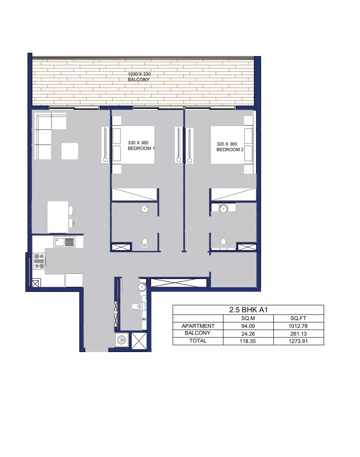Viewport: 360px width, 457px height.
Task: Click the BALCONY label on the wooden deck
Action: [139, 79]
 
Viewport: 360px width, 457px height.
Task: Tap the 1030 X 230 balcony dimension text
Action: [139, 74]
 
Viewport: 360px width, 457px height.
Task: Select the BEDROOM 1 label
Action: [141, 148]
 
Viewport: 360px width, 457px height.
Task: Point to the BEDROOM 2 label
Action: [230, 149]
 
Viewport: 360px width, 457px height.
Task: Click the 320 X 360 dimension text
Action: [227, 144]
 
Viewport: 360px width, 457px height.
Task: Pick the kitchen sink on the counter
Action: [64, 242]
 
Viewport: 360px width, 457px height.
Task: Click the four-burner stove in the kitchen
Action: [39, 261]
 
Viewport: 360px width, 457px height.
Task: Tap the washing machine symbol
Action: [121, 340]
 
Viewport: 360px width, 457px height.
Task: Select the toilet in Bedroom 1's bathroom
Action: [145, 242]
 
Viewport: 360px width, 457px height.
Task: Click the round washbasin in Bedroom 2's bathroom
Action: [224, 208]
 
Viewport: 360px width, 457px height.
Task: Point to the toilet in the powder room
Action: [136, 306]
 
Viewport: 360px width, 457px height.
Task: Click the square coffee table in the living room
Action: [70, 151]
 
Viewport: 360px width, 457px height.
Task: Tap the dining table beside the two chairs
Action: [58, 217]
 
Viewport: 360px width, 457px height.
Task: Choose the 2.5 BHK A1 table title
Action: [248, 310]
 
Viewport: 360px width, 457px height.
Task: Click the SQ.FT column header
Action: [298, 318]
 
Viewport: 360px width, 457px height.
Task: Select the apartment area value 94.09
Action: [248, 326]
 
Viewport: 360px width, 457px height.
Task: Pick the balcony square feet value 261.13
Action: [299, 334]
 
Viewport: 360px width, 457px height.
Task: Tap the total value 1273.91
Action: [298, 341]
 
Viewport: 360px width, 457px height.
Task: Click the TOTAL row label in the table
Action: [198, 341]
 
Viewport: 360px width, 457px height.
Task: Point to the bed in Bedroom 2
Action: [231, 145]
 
